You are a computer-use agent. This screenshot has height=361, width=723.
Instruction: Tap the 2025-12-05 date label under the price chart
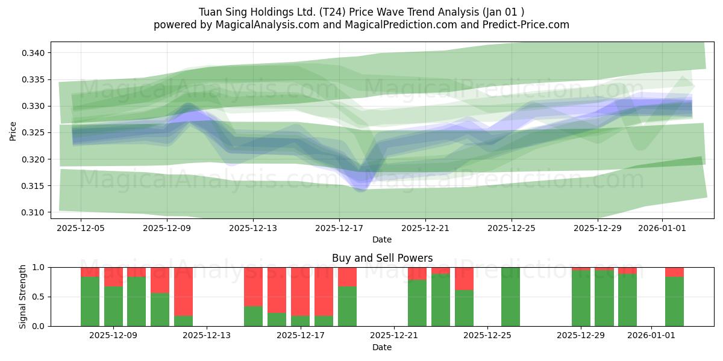(x=81, y=228)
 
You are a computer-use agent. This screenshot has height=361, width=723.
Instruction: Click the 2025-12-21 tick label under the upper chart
(x=425, y=228)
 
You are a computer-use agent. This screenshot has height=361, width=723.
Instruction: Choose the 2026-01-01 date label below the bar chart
(x=651, y=335)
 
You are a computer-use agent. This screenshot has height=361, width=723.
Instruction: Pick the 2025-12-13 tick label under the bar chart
(x=207, y=335)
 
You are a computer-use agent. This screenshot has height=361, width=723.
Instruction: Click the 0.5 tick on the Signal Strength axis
(x=38, y=297)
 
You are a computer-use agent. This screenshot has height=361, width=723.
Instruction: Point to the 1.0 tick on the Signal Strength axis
(x=38, y=267)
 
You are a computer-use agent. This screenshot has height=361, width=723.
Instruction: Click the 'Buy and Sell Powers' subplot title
(x=382, y=258)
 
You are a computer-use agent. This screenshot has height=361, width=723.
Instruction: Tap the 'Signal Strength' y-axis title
(x=22, y=297)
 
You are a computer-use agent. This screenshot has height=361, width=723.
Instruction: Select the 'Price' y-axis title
(x=13, y=130)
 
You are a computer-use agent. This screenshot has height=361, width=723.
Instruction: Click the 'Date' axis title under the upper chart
(x=382, y=239)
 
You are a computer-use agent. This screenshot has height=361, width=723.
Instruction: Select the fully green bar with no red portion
(x=510, y=297)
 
